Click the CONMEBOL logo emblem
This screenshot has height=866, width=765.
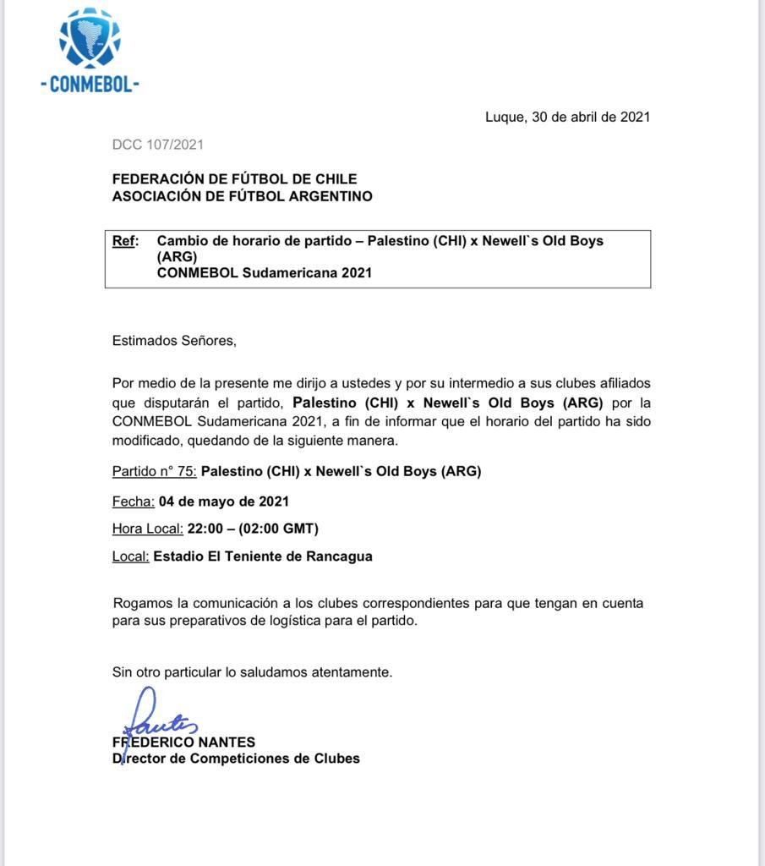pos(90,38)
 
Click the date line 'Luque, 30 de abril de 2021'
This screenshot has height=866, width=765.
pos(567,118)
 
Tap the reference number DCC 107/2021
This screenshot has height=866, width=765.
pos(158,145)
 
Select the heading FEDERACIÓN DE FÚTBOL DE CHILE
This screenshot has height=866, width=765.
pos(234,179)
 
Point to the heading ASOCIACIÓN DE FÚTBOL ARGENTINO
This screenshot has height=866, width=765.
pos(242,196)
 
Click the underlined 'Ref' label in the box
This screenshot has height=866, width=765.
pos(124,241)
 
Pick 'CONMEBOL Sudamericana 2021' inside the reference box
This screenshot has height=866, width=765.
pos(265,273)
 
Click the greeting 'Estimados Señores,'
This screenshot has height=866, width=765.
pos(174,341)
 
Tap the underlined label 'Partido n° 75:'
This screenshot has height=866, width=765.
pos(155,471)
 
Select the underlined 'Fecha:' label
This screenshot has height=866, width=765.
pos(133,502)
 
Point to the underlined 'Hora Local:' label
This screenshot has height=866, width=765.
pos(148,529)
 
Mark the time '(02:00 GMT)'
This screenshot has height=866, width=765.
pos(278,529)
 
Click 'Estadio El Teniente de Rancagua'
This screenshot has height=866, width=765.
pos(263,556)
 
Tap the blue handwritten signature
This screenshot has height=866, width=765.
pos(156,717)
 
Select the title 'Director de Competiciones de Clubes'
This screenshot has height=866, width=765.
pos(236,759)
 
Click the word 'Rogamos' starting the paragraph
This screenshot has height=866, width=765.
pos(141,604)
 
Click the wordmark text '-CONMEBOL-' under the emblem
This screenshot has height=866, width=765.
pos(90,85)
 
